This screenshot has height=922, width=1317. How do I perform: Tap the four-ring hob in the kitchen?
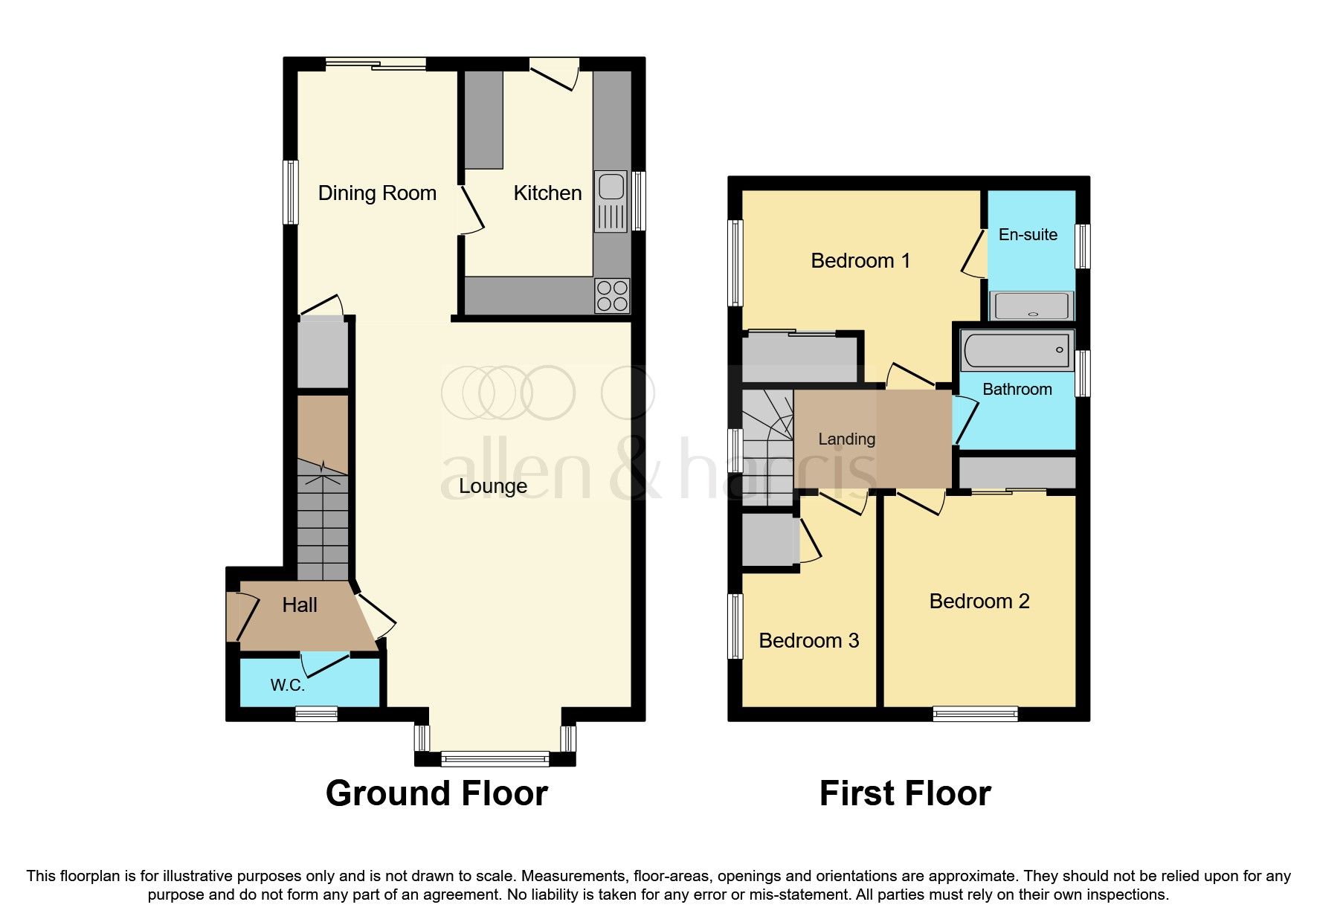[612, 295]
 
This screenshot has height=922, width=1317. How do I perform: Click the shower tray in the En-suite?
[1031, 306]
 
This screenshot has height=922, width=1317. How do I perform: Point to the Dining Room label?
[377, 193]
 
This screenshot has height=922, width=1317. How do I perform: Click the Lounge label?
[493, 486]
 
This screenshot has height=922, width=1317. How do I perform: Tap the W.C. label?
[287, 685]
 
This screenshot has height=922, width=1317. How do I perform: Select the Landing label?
[846, 439]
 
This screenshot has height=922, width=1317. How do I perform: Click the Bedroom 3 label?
[808, 640]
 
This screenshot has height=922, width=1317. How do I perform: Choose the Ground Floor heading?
[437, 793]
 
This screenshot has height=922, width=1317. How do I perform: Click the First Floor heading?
[904, 793]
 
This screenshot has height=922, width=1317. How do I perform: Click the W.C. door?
[325, 663]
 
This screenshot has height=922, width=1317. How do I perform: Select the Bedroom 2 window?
[975, 714]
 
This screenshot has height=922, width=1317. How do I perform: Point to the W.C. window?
[316, 715]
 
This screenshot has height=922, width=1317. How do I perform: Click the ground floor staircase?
[323, 520]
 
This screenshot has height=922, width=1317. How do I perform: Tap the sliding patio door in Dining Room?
[376, 65]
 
